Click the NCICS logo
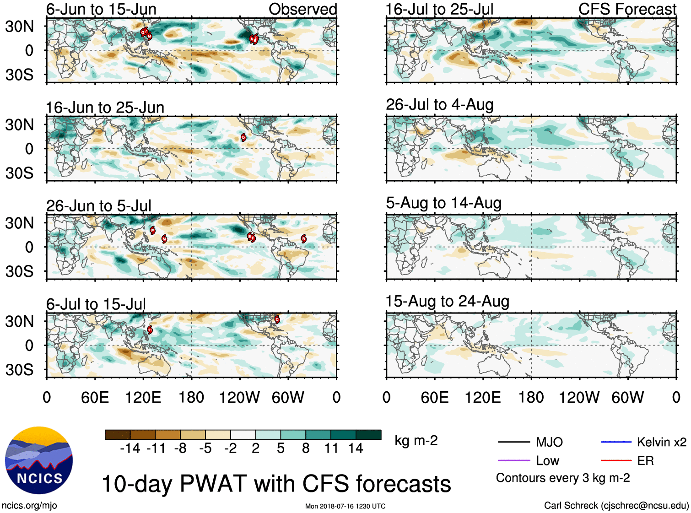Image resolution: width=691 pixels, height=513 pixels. (39, 460)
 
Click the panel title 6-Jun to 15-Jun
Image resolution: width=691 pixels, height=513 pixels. (101, 9)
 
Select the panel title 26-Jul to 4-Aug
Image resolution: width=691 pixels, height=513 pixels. (440, 105)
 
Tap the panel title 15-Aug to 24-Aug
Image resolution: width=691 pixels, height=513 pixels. (447, 302)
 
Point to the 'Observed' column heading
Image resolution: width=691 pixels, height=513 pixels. (302, 9)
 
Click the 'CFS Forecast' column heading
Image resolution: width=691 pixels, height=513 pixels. (627, 9)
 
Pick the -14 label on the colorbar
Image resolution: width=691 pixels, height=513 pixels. (130, 448)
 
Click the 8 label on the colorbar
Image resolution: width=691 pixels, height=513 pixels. (306, 448)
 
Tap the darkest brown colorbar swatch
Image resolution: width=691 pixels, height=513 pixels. (118, 435)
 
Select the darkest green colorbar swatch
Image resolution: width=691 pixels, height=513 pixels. (368, 435)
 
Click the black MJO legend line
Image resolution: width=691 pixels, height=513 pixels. (513, 442)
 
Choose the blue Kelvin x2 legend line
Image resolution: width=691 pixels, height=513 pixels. (616, 442)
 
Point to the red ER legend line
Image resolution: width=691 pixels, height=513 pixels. (616, 460)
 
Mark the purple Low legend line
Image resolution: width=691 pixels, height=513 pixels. (513, 460)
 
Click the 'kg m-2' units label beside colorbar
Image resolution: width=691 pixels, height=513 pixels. (416, 441)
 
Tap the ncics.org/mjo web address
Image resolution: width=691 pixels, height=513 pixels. (29, 505)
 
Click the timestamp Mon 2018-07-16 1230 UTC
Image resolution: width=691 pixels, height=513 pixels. (345, 506)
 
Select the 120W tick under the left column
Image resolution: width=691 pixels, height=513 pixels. (239, 397)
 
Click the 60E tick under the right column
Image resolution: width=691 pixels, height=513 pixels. (434, 397)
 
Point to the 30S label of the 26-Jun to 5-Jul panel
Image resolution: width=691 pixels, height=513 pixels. (19, 271)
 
